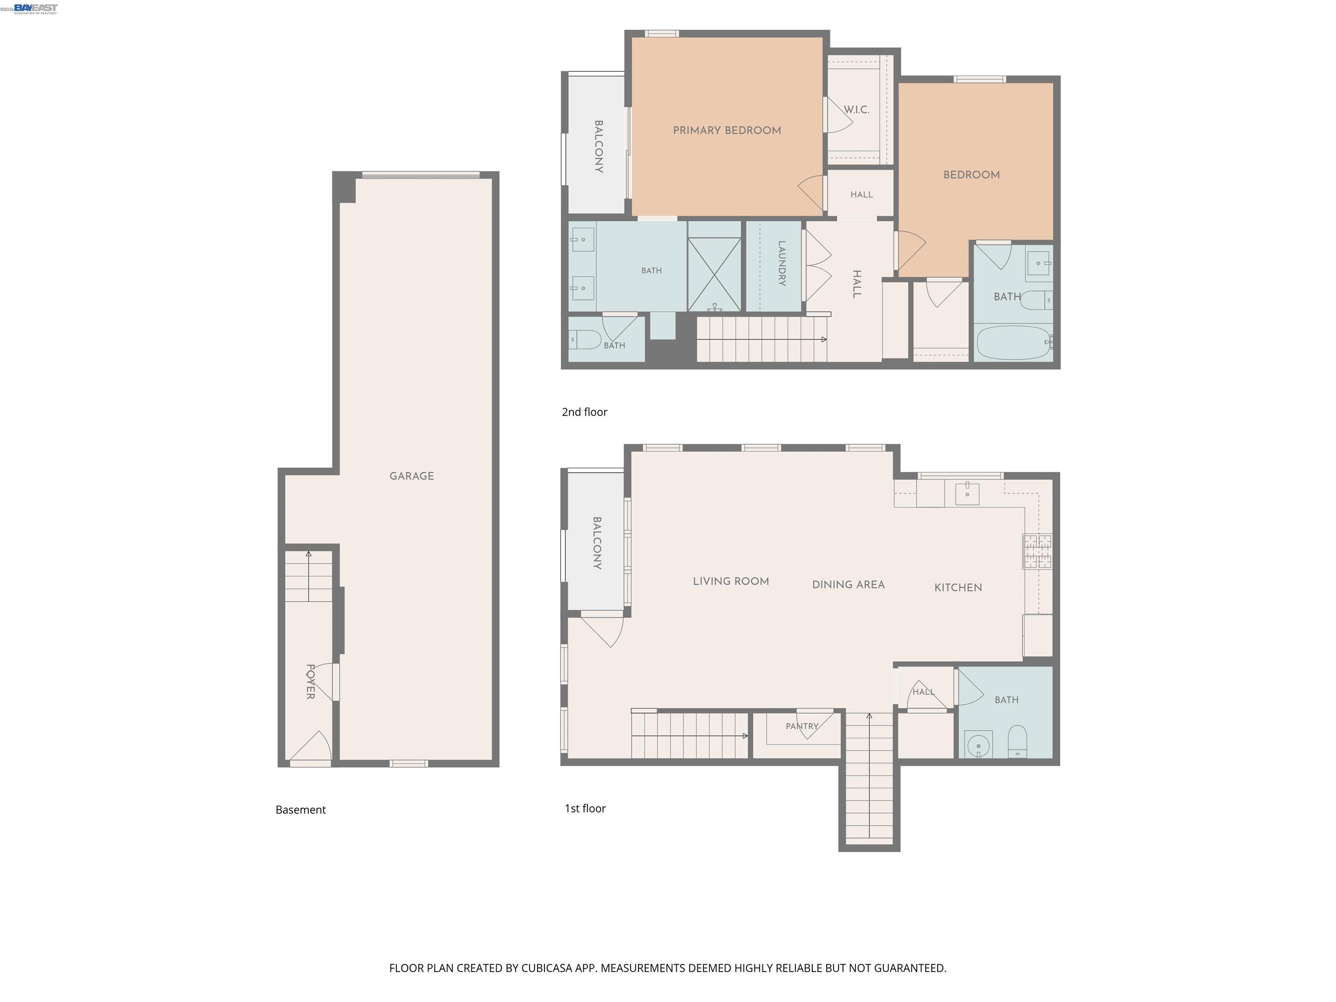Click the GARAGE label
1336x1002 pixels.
tap(411, 476)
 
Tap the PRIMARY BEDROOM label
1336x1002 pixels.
tap(727, 130)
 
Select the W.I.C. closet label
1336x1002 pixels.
tap(856, 110)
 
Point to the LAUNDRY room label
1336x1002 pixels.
tap(782, 264)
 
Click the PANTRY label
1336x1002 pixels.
tap(802, 727)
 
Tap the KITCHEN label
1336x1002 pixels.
tap(958, 588)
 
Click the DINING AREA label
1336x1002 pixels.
tap(848, 584)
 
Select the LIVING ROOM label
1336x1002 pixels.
tap(731, 581)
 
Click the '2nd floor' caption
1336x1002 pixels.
tap(584, 412)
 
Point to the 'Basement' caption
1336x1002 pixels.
tap(301, 810)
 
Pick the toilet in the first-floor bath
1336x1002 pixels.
tap(1018, 741)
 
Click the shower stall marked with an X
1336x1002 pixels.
tap(715, 275)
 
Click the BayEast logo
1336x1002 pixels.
tap(36, 8)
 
